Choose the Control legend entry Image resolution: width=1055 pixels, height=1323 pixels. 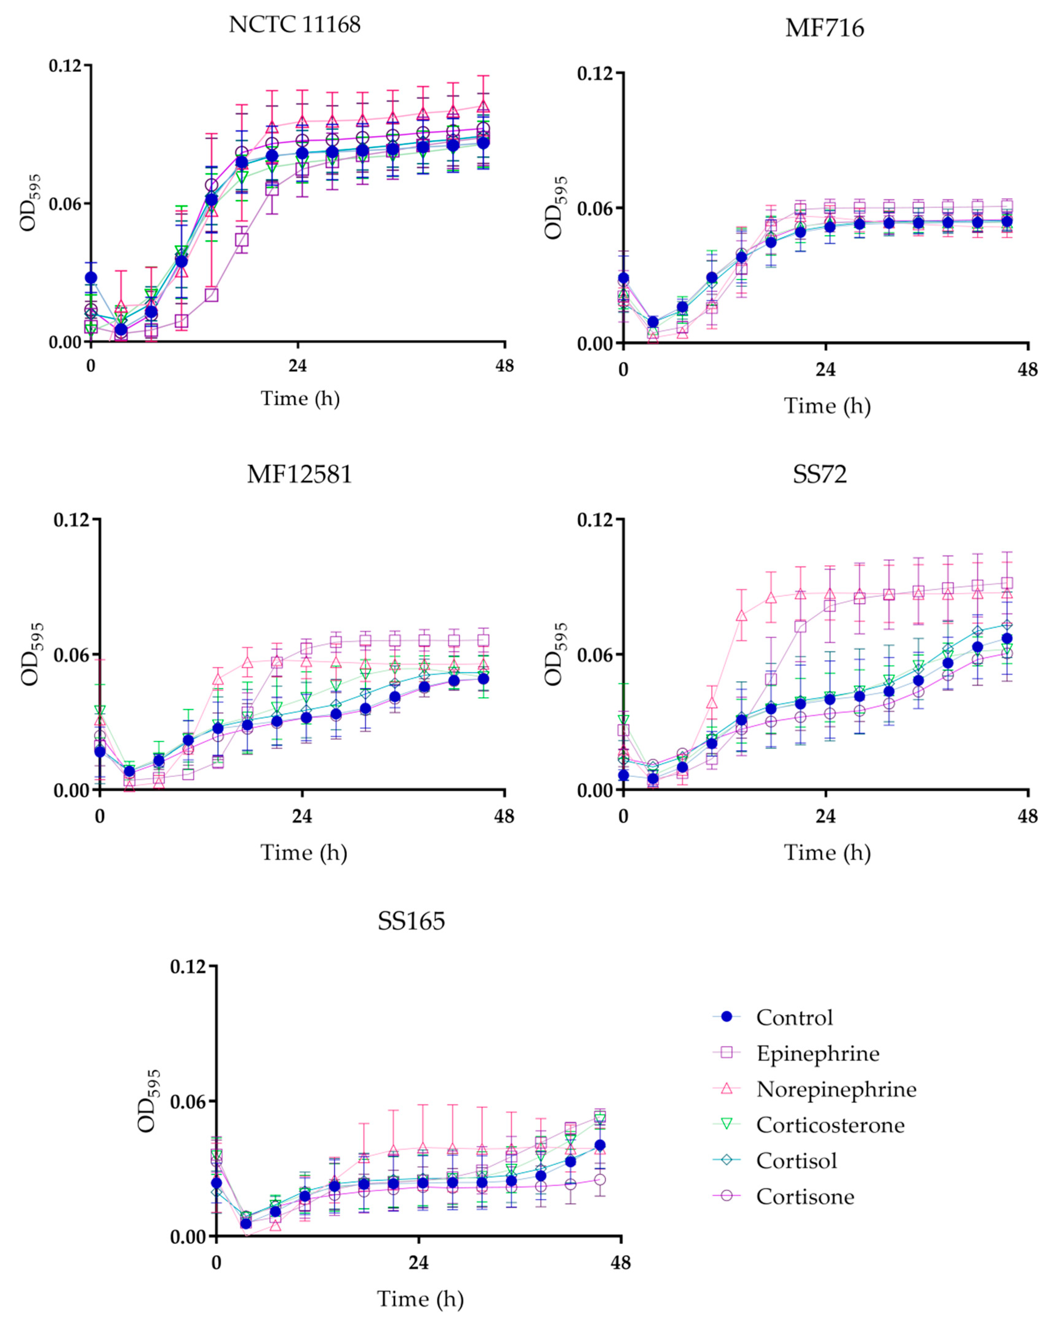794,1018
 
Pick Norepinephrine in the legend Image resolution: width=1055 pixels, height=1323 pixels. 836,1089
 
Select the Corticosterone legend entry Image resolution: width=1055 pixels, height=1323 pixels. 830,1125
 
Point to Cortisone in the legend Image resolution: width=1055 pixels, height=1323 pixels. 805,1197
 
